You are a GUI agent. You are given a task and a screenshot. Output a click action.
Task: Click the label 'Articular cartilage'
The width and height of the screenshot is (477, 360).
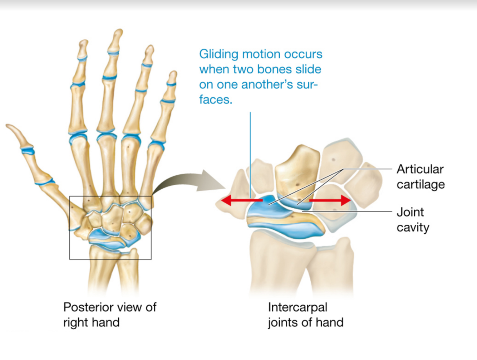(421, 177)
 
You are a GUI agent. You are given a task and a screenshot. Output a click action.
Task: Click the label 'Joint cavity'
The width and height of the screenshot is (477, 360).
(413, 220)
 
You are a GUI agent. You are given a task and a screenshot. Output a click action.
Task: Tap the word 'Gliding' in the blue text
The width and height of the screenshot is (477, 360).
(218, 54)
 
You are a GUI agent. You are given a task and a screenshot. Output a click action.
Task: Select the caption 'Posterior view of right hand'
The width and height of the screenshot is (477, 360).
(109, 315)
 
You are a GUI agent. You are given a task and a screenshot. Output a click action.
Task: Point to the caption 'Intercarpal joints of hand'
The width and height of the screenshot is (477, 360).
(305, 315)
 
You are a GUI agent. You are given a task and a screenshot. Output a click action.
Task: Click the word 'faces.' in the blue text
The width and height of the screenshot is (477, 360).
(216, 100)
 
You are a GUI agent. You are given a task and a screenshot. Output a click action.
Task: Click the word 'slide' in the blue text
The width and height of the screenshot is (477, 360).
(308, 69)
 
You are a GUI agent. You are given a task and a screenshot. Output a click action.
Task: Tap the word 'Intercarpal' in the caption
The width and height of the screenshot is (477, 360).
(297, 307)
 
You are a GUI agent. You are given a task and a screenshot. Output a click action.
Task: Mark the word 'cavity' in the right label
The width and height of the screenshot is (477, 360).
(413, 228)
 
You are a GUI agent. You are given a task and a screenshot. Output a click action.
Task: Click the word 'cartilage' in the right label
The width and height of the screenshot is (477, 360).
(421, 185)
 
